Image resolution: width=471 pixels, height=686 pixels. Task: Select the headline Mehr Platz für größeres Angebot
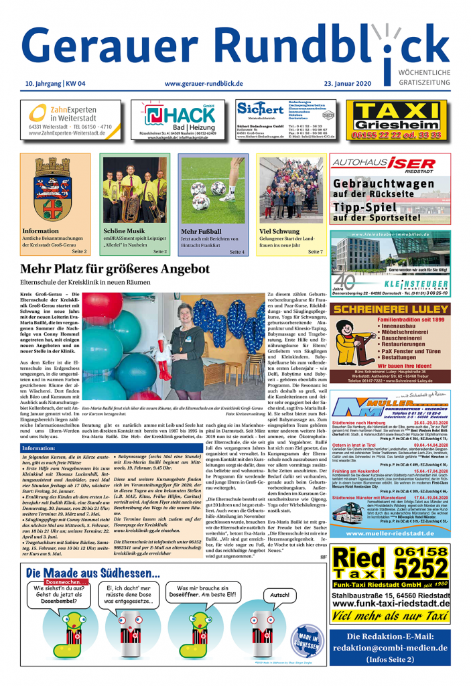115,269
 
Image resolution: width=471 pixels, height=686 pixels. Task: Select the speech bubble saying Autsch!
280,594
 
